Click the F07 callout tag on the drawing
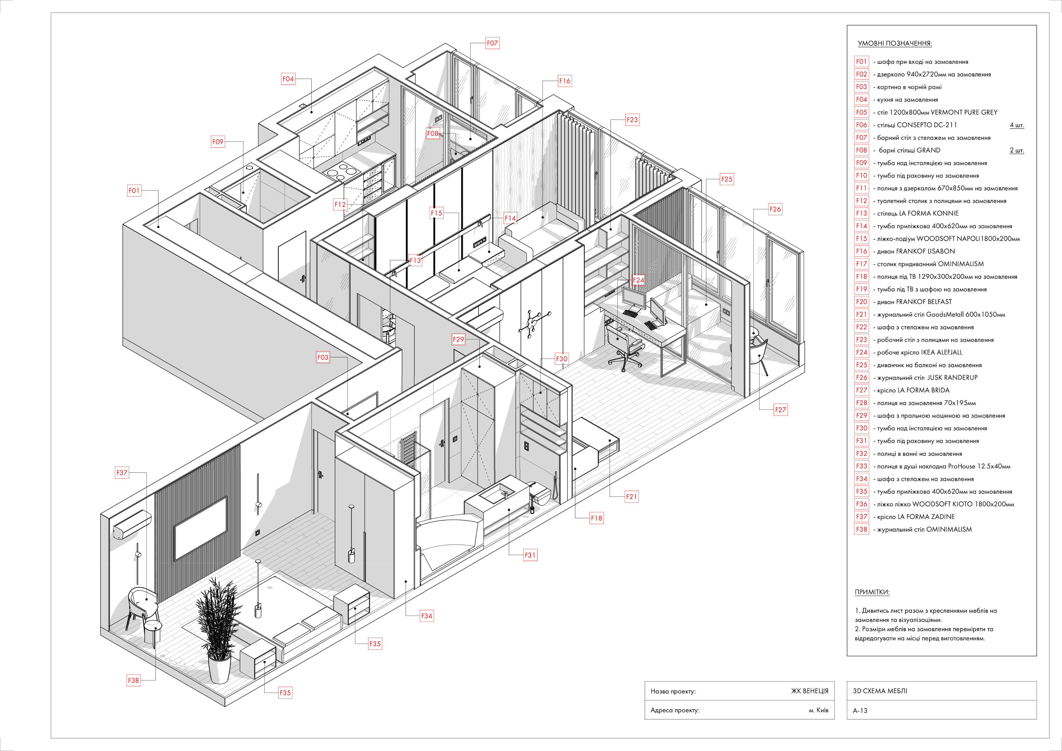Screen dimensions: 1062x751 tap(492, 43)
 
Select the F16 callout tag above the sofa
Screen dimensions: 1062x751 tap(564, 81)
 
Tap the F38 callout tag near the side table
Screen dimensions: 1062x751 tap(133, 680)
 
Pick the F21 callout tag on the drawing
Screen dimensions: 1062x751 tap(631, 497)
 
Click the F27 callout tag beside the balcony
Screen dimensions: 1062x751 tap(780, 409)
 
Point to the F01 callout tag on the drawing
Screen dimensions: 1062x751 tap(134, 190)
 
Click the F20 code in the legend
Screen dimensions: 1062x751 tap(861, 302)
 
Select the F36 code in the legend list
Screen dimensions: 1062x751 tap(861, 504)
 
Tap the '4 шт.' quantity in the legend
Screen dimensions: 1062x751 tap(1017, 125)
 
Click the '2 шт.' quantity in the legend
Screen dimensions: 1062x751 tap(1017, 150)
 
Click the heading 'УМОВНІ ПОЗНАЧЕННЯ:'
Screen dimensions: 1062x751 tap(895, 44)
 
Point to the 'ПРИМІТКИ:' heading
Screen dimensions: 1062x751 tap(872, 592)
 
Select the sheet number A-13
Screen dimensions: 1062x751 tap(860, 710)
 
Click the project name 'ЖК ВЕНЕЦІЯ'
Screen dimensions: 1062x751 tap(809, 691)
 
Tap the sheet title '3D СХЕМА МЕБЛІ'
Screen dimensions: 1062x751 tap(880, 691)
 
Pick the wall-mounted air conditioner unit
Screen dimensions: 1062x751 tap(132, 525)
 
